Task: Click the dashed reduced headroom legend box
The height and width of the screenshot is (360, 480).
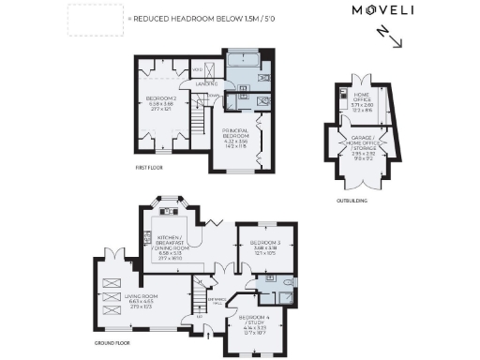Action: click(x=95, y=19)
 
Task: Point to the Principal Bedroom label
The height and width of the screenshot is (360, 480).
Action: click(x=235, y=137)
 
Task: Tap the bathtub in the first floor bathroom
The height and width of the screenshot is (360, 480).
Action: click(x=247, y=63)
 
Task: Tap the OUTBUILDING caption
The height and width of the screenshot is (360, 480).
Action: click(x=353, y=200)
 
